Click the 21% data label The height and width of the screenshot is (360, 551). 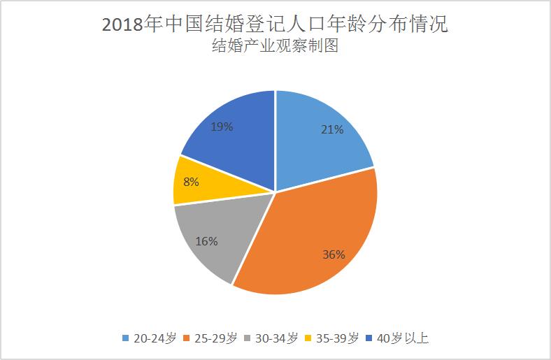point(332,129)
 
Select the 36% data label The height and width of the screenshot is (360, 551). point(334,254)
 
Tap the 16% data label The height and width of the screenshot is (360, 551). point(207,242)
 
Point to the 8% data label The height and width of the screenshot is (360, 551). point(191,182)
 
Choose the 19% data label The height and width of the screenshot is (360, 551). point(222,127)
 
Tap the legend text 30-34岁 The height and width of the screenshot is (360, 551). point(276,338)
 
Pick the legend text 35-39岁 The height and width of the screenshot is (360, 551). point(338,338)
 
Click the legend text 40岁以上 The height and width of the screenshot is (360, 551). point(402,338)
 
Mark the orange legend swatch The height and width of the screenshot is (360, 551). point(187,338)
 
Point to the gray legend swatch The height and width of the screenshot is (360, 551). point(249,338)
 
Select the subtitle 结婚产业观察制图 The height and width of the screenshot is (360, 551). point(275,48)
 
